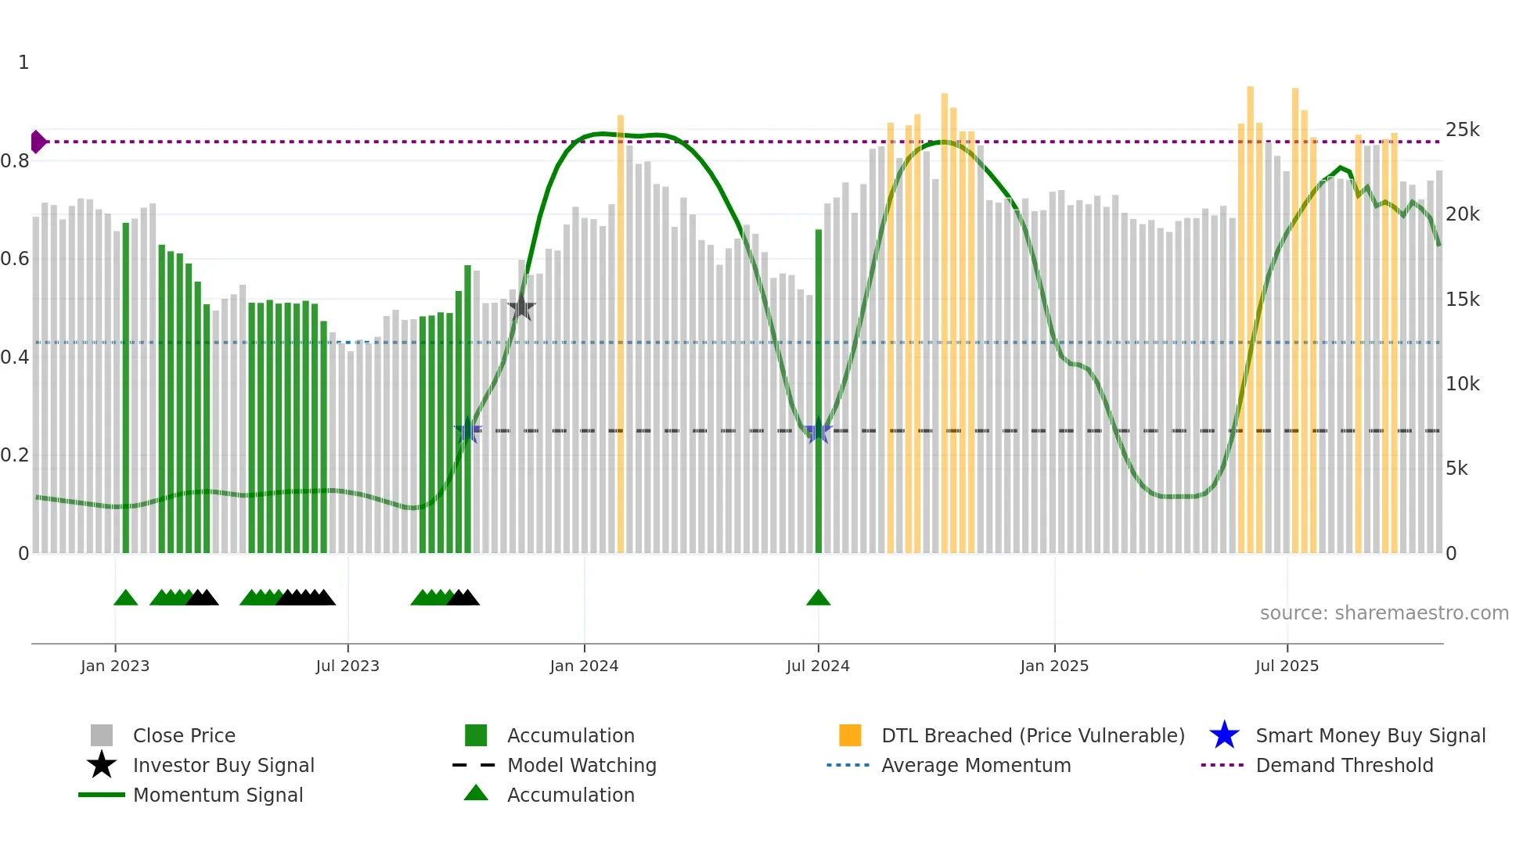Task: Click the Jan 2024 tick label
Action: click(584, 666)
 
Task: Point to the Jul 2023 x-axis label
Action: click(347, 666)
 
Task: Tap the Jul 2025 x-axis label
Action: click(1287, 666)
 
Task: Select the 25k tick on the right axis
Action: click(1462, 130)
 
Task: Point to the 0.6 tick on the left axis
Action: click(15, 259)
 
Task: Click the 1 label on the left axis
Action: click(23, 63)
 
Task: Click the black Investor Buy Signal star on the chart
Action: click(521, 308)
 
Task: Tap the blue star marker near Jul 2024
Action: click(818, 431)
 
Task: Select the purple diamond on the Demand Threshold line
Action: click(38, 142)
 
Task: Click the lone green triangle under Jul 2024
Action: click(818, 598)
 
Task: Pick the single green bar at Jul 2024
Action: click(819, 391)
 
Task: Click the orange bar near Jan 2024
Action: click(621, 336)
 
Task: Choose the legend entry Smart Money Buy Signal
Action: click(1370, 735)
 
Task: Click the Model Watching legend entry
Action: click(581, 765)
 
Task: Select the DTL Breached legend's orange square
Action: click(850, 735)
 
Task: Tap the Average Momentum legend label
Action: click(975, 765)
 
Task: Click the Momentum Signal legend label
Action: click(218, 795)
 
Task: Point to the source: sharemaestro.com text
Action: click(1384, 613)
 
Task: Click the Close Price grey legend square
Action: click(102, 735)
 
